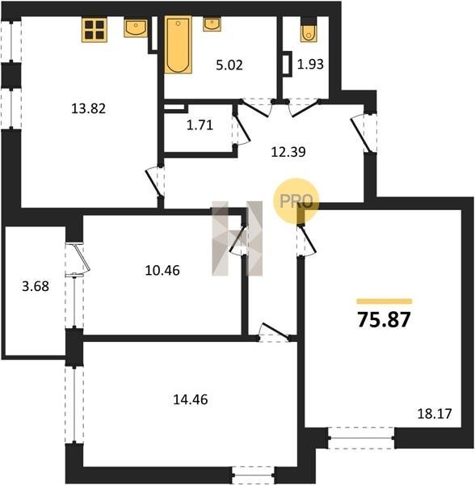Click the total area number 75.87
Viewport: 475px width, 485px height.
point(384,319)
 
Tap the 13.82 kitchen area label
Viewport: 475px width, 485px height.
point(88,108)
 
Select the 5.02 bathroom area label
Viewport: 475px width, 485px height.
point(229,65)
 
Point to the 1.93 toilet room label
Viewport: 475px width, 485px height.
point(310,64)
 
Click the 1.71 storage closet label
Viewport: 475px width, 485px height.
point(200,125)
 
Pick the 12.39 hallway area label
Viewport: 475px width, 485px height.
point(288,152)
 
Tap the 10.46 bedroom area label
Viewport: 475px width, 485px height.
point(162,270)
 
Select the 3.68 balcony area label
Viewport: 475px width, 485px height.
point(36,286)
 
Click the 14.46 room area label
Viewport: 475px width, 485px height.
point(191,399)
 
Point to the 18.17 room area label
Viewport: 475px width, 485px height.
point(435,414)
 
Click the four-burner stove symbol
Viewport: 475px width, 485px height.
point(95,30)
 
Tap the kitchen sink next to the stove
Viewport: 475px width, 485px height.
point(136,27)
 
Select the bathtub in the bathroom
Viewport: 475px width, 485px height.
point(178,44)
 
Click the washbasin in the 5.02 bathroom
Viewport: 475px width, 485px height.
point(212,24)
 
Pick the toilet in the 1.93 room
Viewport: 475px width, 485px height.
point(309,30)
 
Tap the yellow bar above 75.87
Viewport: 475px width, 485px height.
point(385,302)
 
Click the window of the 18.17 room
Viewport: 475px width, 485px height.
point(361,438)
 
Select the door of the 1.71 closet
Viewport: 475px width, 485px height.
point(241,129)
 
